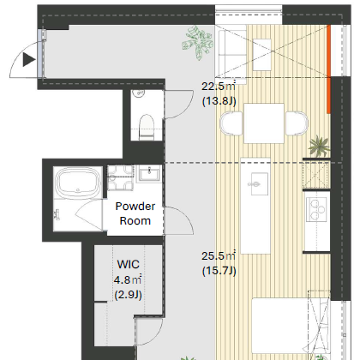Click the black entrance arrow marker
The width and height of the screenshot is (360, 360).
click(29, 60)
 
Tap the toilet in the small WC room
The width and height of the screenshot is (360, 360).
click(147, 127)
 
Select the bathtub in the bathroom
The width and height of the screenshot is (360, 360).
click(78, 182)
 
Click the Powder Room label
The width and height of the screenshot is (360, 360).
click(135, 213)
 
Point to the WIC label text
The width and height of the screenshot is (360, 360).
click(129, 264)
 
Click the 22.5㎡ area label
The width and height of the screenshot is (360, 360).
click(219, 86)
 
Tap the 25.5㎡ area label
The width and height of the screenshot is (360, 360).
click(219, 255)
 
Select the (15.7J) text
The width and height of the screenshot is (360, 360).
click(219, 271)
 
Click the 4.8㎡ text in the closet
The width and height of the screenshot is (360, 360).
click(128, 279)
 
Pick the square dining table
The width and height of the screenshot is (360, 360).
click(264, 123)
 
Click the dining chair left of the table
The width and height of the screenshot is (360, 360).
click(231, 123)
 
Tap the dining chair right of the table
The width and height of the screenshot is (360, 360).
click(297, 123)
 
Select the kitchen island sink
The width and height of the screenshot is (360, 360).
click(260, 184)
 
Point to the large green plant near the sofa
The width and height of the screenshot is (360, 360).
click(198, 43)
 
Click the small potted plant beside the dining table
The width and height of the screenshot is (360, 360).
click(319, 146)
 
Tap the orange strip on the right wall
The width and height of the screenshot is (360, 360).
click(329, 69)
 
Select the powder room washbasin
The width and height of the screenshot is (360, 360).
click(149, 173)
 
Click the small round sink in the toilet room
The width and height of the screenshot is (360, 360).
click(139, 93)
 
